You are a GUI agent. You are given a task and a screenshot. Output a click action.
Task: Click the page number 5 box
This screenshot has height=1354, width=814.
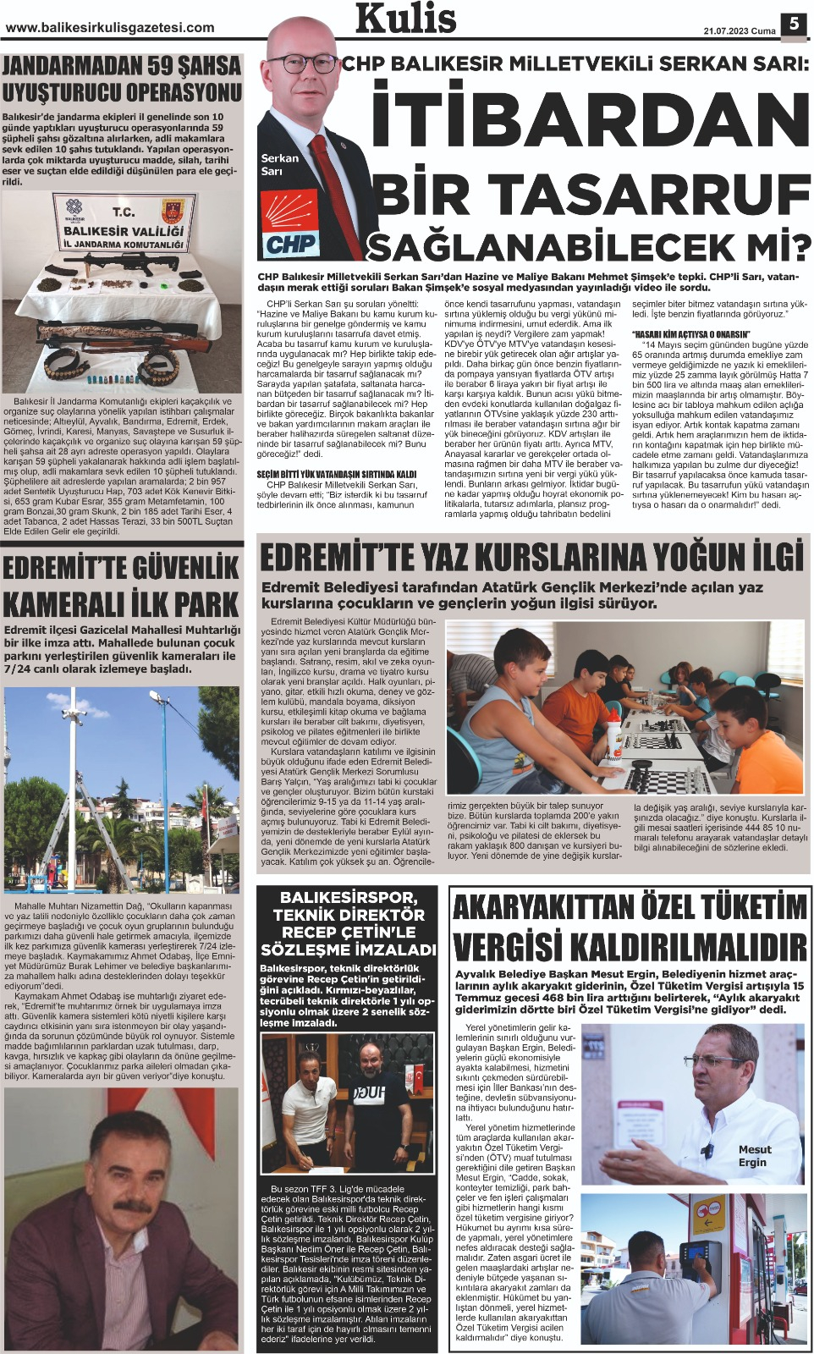click(794, 24)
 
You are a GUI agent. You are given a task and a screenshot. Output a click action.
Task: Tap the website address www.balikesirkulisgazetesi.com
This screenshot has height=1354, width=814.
click(110, 28)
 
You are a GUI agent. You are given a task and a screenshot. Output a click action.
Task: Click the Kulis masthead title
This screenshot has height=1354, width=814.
click(406, 19)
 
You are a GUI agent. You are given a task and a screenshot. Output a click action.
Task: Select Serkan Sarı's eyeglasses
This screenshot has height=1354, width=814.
click(300, 63)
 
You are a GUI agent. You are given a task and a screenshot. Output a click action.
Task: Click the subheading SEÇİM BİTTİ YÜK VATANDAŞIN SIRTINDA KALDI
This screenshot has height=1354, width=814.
click(337, 475)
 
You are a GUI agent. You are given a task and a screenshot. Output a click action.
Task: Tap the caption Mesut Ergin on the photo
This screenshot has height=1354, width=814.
click(754, 1155)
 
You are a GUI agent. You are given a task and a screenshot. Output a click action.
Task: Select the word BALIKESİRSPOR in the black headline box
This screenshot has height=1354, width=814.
click(348, 897)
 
